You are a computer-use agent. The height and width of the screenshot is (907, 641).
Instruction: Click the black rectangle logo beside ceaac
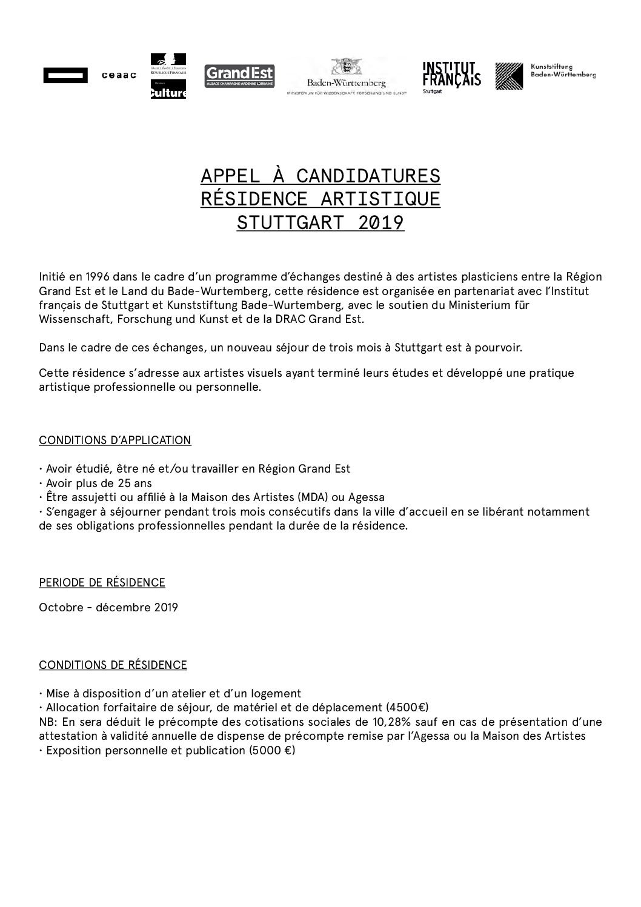click(65, 76)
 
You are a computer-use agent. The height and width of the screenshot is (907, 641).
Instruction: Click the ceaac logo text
click(119, 76)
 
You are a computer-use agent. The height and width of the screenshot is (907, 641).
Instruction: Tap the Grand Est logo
click(239, 76)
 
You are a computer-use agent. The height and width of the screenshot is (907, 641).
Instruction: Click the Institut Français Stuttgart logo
click(451, 76)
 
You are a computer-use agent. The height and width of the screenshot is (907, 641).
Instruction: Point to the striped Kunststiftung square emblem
click(509, 76)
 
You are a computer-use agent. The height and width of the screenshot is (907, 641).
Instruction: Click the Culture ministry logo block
click(168, 89)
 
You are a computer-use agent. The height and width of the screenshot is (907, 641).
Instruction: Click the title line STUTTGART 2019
click(320, 223)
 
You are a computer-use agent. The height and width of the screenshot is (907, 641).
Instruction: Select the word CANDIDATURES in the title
click(368, 176)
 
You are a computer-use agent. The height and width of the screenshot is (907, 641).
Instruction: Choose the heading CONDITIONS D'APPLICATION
click(115, 440)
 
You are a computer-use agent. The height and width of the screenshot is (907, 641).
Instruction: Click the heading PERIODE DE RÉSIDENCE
click(102, 583)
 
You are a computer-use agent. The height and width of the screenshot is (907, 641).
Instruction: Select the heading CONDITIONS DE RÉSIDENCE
click(113, 665)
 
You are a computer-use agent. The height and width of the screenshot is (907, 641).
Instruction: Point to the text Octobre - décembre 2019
click(108, 607)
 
